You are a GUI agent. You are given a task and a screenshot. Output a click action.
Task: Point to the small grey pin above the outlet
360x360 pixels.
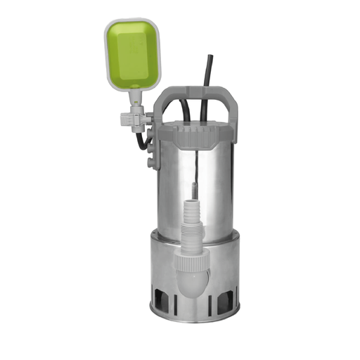(x=191, y=191)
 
